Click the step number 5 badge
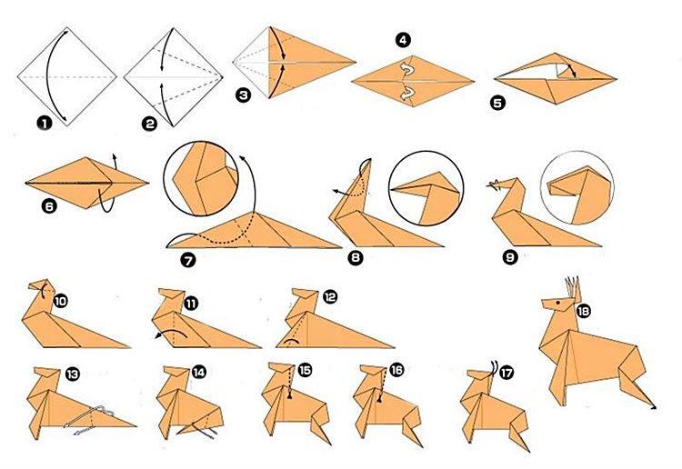point(498,103)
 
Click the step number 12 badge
point(329,296)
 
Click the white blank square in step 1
point(63,77)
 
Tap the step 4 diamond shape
point(413,81)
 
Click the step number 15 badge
point(304,371)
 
